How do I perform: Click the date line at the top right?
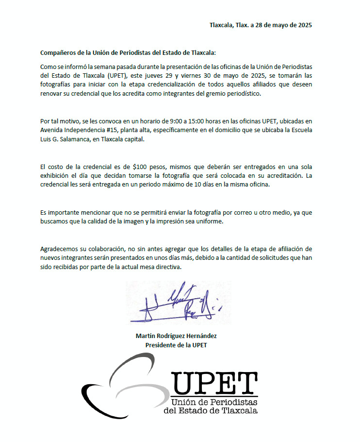[x=261, y=25]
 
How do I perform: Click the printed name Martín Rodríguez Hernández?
[x=177, y=336]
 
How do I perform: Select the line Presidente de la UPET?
[x=177, y=345]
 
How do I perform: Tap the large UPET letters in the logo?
[x=214, y=383]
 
